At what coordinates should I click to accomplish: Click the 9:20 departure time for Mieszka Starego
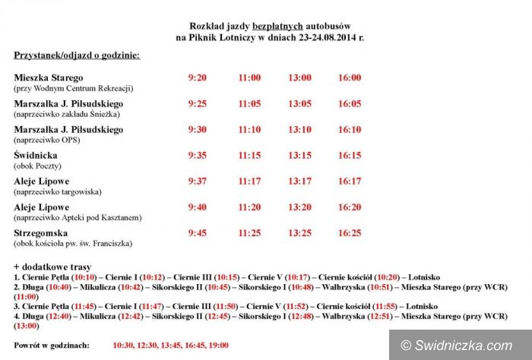[x=197, y=77]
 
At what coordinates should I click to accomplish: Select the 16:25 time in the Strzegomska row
[x=349, y=232]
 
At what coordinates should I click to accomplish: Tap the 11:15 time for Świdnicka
[x=249, y=155]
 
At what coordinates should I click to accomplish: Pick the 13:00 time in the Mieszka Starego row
[x=299, y=77]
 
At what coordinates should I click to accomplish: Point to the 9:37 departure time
[x=197, y=181]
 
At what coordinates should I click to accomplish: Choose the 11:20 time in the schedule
[x=249, y=207]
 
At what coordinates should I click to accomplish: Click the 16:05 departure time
[x=349, y=103]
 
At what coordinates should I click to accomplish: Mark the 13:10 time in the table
[x=299, y=129]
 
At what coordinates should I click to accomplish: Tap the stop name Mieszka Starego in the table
[x=49, y=77]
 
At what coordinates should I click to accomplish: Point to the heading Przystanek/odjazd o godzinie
[x=76, y=55]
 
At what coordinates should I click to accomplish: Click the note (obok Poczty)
[x=38, y=166]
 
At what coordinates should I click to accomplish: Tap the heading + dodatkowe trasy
[x=52, y=267]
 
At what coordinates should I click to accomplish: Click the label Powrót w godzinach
[x=51, y=346]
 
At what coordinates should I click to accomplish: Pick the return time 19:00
[x=217, y=346]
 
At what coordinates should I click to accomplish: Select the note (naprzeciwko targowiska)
[x=57, y=191]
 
